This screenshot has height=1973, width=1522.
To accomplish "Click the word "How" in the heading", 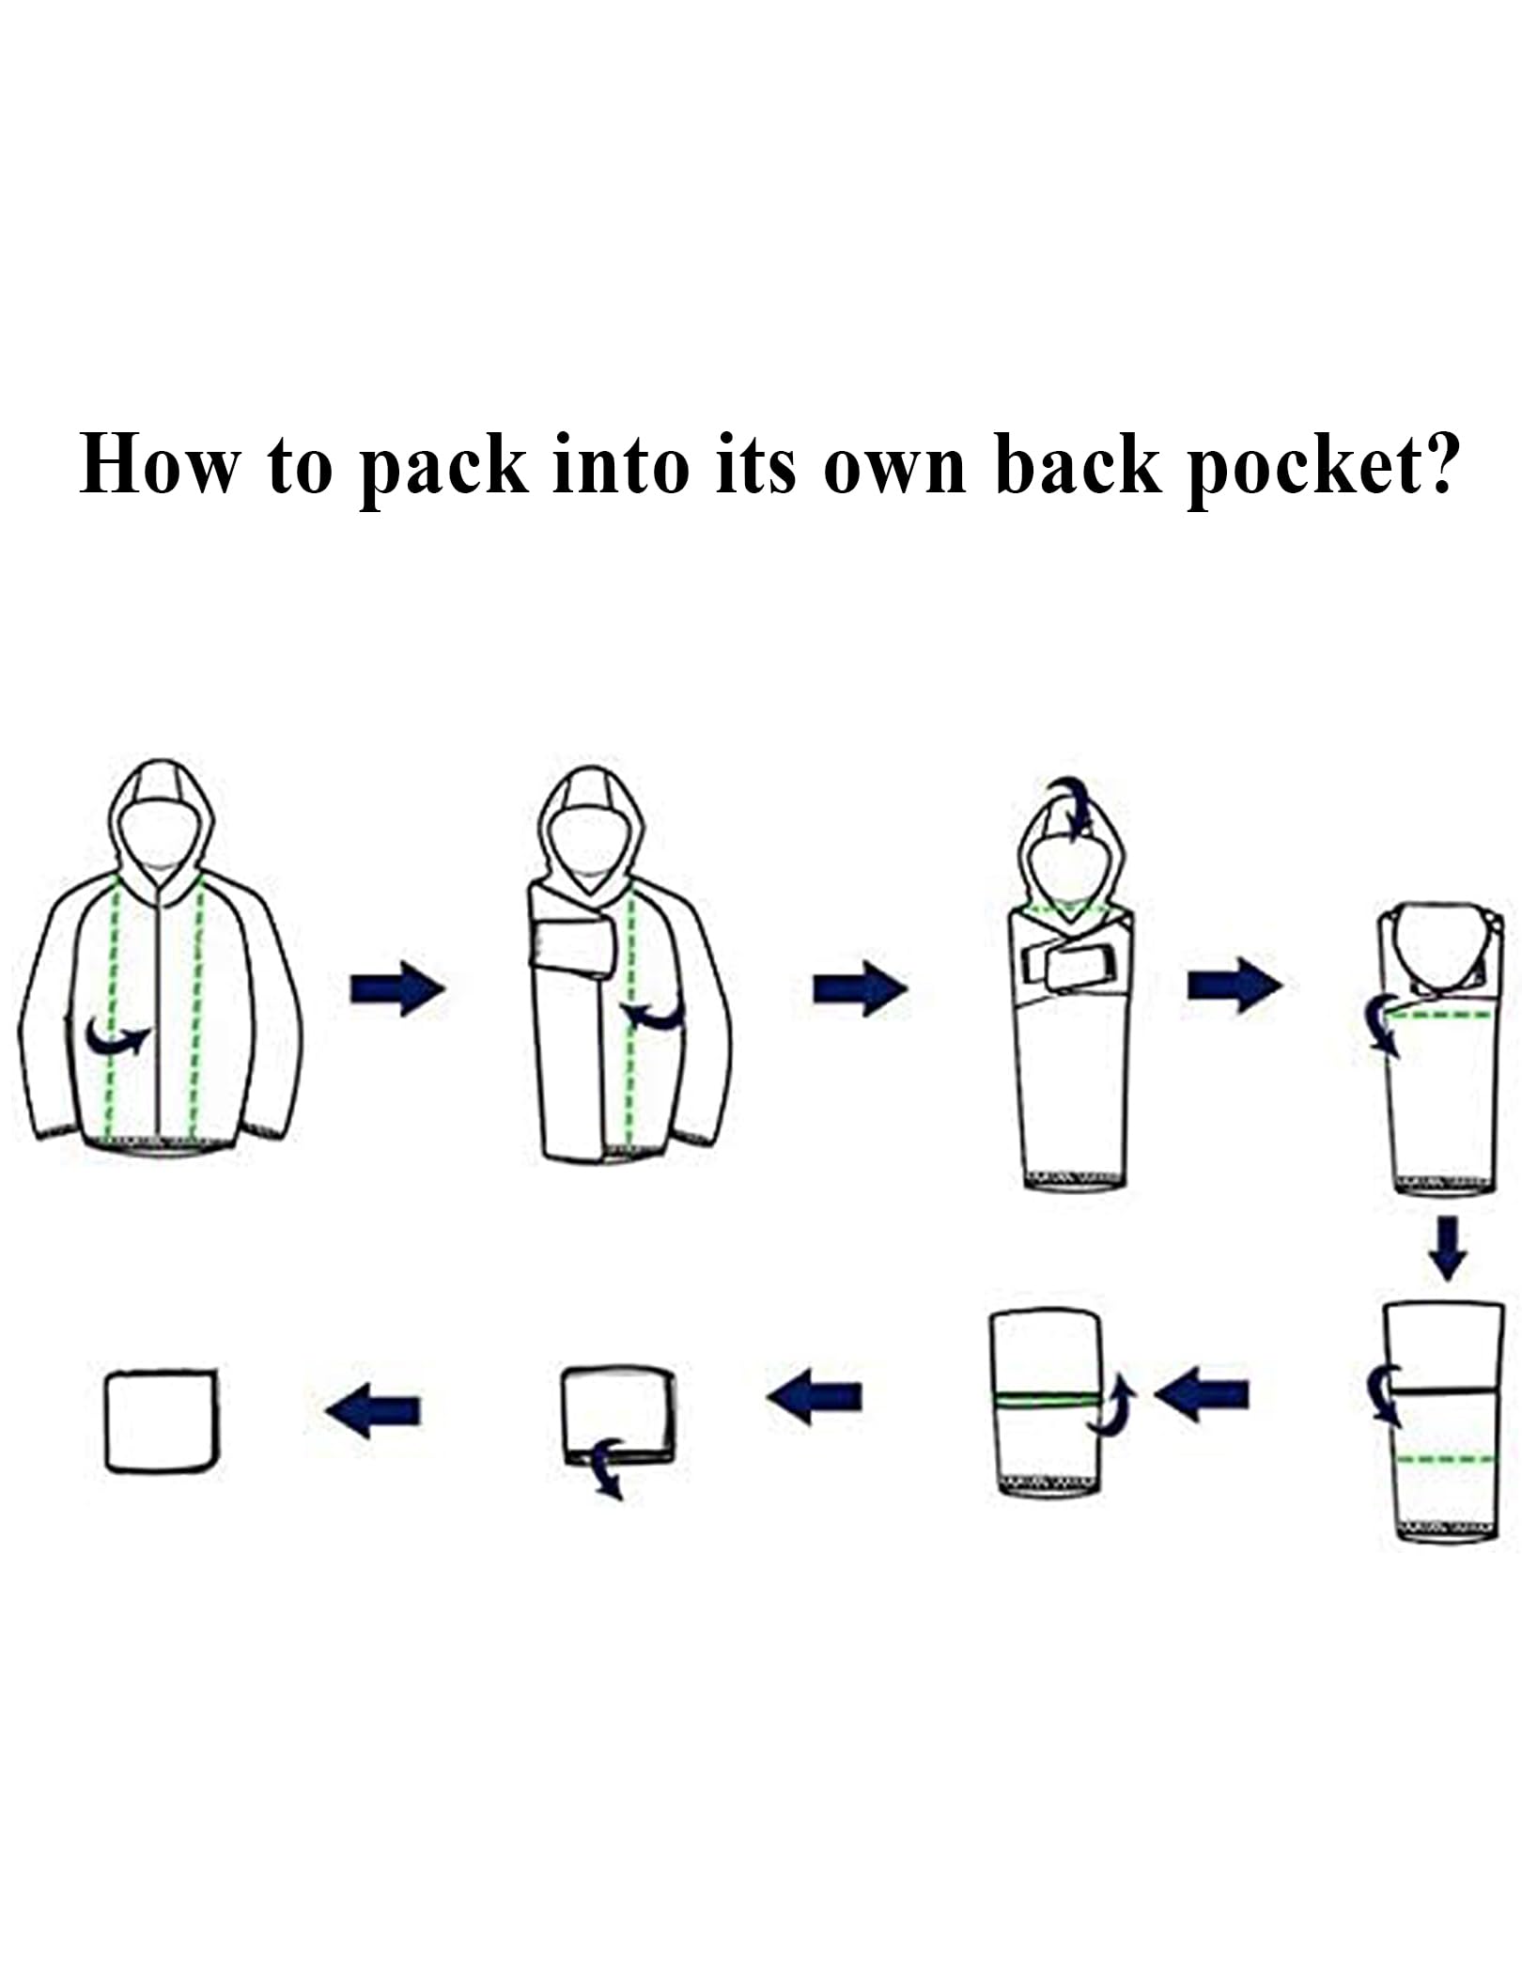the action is pyautogui.click(x=160, y=464).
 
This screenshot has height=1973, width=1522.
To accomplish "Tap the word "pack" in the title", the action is pyautogui.click(x=443, y=469).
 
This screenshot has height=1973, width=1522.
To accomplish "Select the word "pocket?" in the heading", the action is pyautogui.click(x=1324, y=469).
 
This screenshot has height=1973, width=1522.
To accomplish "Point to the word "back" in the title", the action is pyautogui.click(x=1078, y=464).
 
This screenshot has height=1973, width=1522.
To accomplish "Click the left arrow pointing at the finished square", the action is pyautogui.click(x=373, y=1411).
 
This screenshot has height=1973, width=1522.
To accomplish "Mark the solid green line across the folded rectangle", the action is pyautogui.click(x=1047, y=1400).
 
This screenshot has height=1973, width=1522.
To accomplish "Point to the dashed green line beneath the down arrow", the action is pyautogui.click(x=1445, y=1459).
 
